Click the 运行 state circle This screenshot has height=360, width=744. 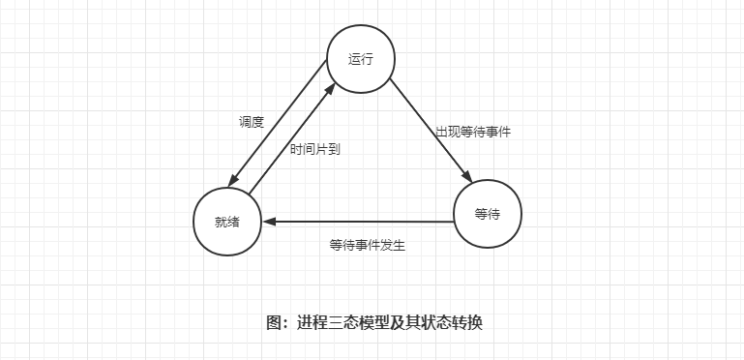(x=360, y=58)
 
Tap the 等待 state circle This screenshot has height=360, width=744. (x=488, y=214)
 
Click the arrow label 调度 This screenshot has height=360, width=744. (x=252, y=122)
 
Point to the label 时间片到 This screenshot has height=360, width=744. (x=315, y=149)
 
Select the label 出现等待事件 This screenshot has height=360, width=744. (x=472, y=132)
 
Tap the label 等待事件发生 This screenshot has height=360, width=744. (x=367, y=245)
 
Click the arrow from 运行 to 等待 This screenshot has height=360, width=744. (x=432, y=132)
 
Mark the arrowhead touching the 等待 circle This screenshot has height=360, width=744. (x=467, y=177)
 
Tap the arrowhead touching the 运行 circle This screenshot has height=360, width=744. (x=330, y=88)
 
